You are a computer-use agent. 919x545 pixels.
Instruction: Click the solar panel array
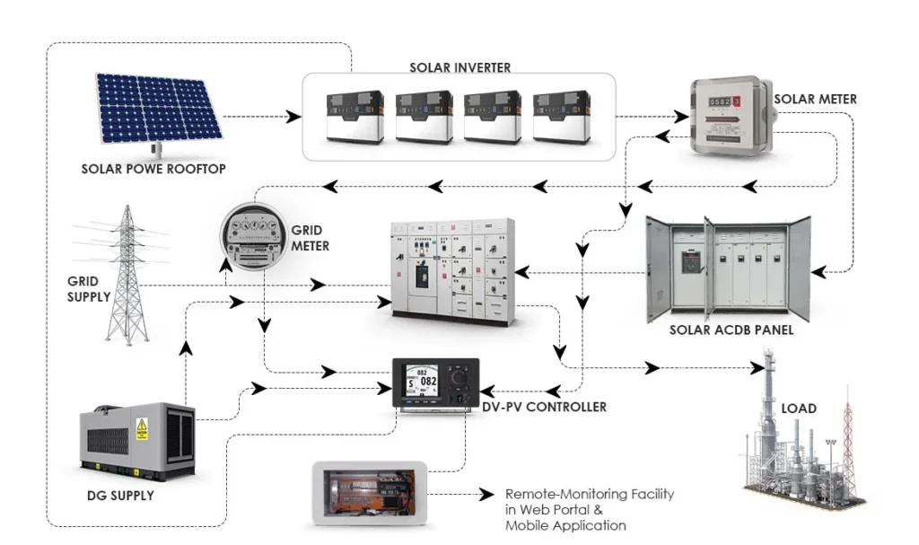[158, 109]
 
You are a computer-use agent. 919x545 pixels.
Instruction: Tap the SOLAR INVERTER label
[460, 67]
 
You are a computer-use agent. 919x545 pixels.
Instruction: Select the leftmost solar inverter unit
[355, 117]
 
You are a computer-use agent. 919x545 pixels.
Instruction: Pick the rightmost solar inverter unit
[562, 117]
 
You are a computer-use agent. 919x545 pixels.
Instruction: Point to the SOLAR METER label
[815, 99]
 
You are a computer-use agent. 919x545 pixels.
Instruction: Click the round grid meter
[253, 236]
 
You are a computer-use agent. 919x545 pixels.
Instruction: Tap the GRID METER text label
[310, 238]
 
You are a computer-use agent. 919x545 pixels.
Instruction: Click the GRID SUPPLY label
[89, 289]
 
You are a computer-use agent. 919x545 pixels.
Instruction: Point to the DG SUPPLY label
[120, 496]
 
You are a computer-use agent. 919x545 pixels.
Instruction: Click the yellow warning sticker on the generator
[141, 429]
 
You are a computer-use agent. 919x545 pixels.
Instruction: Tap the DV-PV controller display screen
[422, 382]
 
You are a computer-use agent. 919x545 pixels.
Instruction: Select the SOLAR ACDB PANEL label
[731, 330]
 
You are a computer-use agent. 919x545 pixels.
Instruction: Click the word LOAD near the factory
[798, 409]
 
